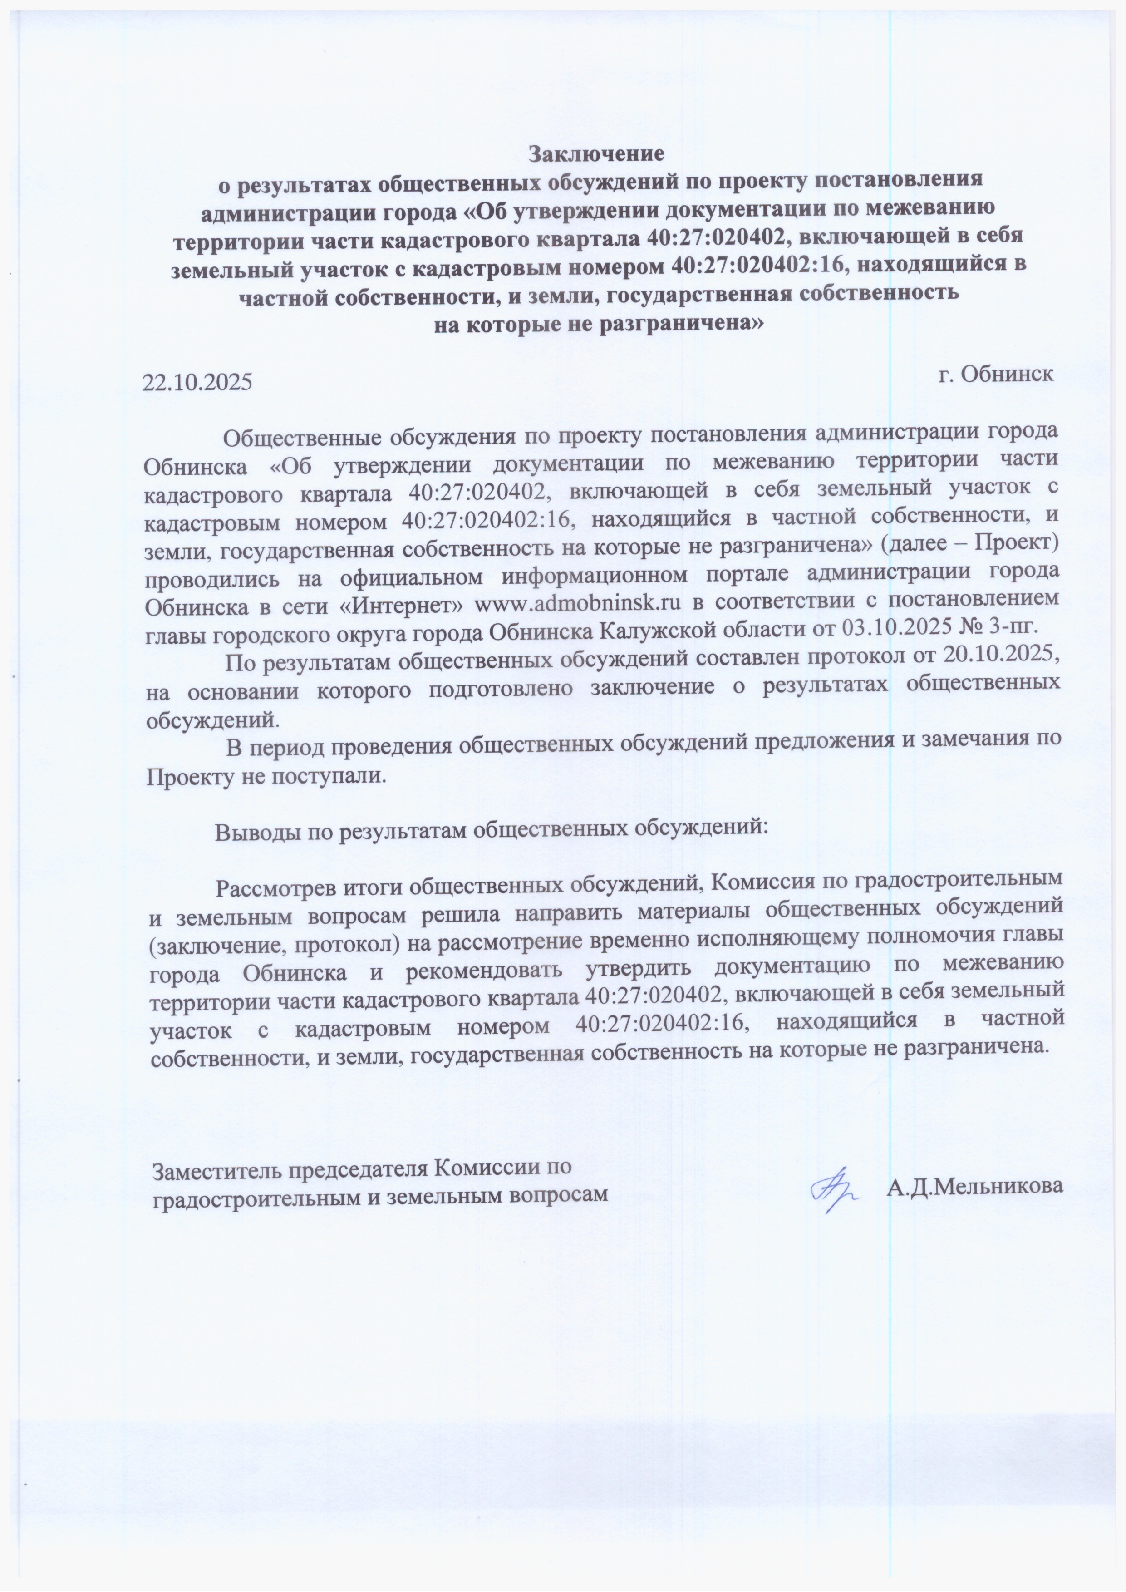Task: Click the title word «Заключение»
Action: pyautogui.click(x=596, y=152)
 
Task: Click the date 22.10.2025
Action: pyautogui.click(x=197, y=382)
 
